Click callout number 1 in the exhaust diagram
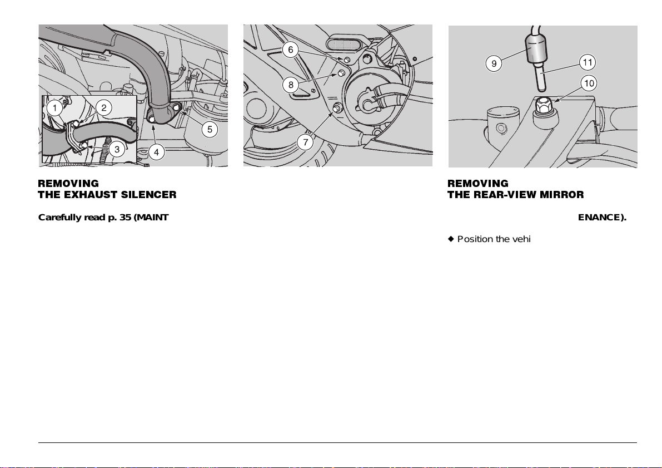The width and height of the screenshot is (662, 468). pyautogui.click(x=55, y=108)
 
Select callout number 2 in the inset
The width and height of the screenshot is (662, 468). pyautogui.click(x=104, y=108)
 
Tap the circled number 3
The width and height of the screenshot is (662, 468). pyautogui.click(x=117, y=149)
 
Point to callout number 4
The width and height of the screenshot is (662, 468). pyautogui.click(x=157, y=152)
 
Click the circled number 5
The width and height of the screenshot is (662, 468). pyautogui.click(x=210, y=129)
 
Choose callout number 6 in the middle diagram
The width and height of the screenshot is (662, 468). pyautogui.click(x=291, y=50)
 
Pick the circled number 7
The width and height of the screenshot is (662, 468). pyautogui.click(x=306, y=142)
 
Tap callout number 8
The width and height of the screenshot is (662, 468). pyautogui.click(x=291, y=85)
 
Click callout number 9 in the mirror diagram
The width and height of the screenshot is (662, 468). pyautogui.click(x=494, y=64)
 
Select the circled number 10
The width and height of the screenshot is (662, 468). pyautogui.click(x=589, y=83)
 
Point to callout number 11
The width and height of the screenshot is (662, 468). pyautogui.click(x=588, y=62)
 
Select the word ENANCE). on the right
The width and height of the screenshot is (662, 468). pyautogui.click(x=602, y=218)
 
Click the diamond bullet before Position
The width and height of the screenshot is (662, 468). pyautogui.click(x=450, y=239)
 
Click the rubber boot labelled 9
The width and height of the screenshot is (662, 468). pyautogui.click(x=535, y=47)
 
